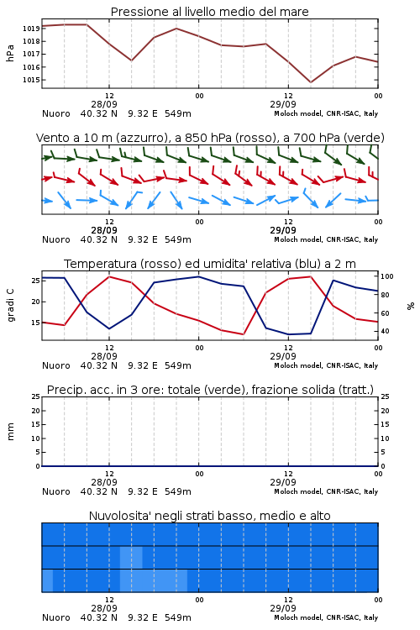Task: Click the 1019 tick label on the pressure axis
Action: (30, 29)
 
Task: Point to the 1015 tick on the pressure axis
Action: (30, 80)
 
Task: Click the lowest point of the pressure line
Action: (310, 82)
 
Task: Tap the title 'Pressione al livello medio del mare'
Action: (210, 12)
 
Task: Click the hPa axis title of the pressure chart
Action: (10, 54)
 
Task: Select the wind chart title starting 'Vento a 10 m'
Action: (210, 138)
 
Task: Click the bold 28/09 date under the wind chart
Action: (104, 230)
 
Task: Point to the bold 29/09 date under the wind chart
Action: (283, 230)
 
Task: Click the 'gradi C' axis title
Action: (10, 305)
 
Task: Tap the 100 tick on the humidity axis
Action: (387, 276)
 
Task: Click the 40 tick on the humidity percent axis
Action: (385, 331)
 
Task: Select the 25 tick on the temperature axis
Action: (35, 281)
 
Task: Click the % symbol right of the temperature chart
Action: (411, 306)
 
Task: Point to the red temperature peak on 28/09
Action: (109, 276)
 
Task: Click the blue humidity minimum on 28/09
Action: (109, 328)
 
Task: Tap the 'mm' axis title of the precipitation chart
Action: (10, 432)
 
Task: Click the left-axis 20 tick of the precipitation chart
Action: (35, 411)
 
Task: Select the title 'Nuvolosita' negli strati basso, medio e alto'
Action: (210, 516)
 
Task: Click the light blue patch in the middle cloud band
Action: (131, 557)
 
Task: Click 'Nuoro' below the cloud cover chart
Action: (56, 617)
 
